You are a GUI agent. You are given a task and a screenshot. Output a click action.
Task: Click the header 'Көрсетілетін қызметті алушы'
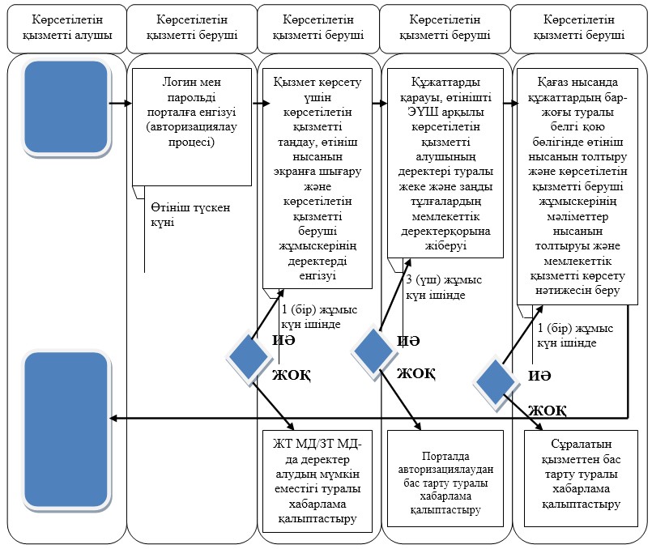67,28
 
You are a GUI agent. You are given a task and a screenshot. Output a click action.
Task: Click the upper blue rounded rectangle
66,107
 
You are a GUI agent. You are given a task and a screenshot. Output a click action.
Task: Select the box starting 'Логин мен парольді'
192,127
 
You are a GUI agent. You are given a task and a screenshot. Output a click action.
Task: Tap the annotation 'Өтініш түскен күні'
190,215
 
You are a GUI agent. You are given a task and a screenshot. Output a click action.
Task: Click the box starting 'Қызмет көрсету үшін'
317,178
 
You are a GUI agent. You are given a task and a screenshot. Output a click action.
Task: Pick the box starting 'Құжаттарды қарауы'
445,163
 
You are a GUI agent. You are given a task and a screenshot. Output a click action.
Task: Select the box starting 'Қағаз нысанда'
577,186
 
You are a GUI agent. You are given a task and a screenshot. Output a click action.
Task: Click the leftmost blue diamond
248,357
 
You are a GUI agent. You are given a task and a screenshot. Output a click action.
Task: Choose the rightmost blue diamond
495,382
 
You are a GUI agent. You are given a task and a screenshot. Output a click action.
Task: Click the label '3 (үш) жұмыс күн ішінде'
444,287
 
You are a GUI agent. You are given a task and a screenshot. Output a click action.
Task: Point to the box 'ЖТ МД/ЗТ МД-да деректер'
317,481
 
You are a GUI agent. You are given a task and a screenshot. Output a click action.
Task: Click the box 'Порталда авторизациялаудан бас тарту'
445,479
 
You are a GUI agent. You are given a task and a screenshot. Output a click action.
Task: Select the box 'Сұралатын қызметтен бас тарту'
581,479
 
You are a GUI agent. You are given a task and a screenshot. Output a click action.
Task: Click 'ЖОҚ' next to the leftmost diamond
292,375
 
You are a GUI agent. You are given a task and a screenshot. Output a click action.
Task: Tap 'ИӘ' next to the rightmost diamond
539,376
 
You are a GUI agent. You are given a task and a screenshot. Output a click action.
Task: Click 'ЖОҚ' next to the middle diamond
415,373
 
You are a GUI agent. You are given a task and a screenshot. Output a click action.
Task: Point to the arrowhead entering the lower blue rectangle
113,419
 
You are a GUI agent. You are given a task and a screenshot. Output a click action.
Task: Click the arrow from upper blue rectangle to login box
121,103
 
